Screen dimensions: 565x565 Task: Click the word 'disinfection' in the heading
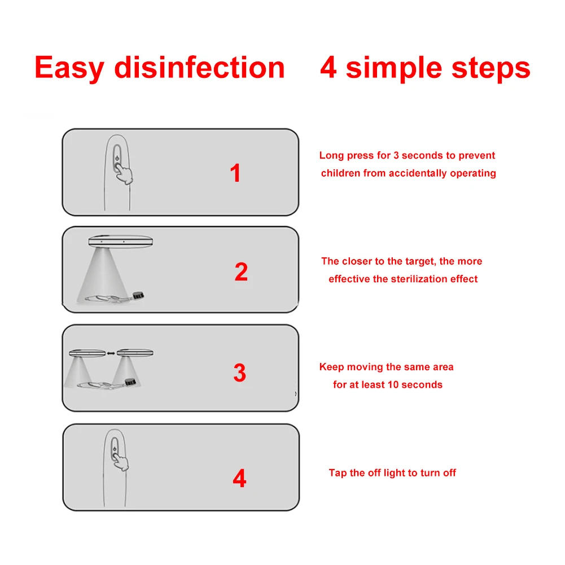(x=199, y=67)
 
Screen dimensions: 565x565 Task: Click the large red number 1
(x=235, y=173)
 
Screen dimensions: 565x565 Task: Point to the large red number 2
(x=241, y=271)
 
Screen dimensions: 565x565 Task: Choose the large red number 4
(x=239, y=478)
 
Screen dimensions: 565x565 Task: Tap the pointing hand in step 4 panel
(x=120, y=462)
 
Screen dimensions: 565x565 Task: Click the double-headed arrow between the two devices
(x=111, y=353)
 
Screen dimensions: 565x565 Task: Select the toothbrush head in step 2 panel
(x=138, y=295)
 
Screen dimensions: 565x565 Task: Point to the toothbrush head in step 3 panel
(x=130, y=382)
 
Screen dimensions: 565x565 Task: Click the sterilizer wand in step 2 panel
(x=120, y=242)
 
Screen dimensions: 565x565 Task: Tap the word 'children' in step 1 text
(x=340, y=173)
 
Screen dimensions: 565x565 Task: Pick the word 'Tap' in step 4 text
(x=338, y=473)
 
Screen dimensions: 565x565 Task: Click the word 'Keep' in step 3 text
(x=331, y=367)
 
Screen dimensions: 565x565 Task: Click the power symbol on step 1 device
(x=117, y=158)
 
